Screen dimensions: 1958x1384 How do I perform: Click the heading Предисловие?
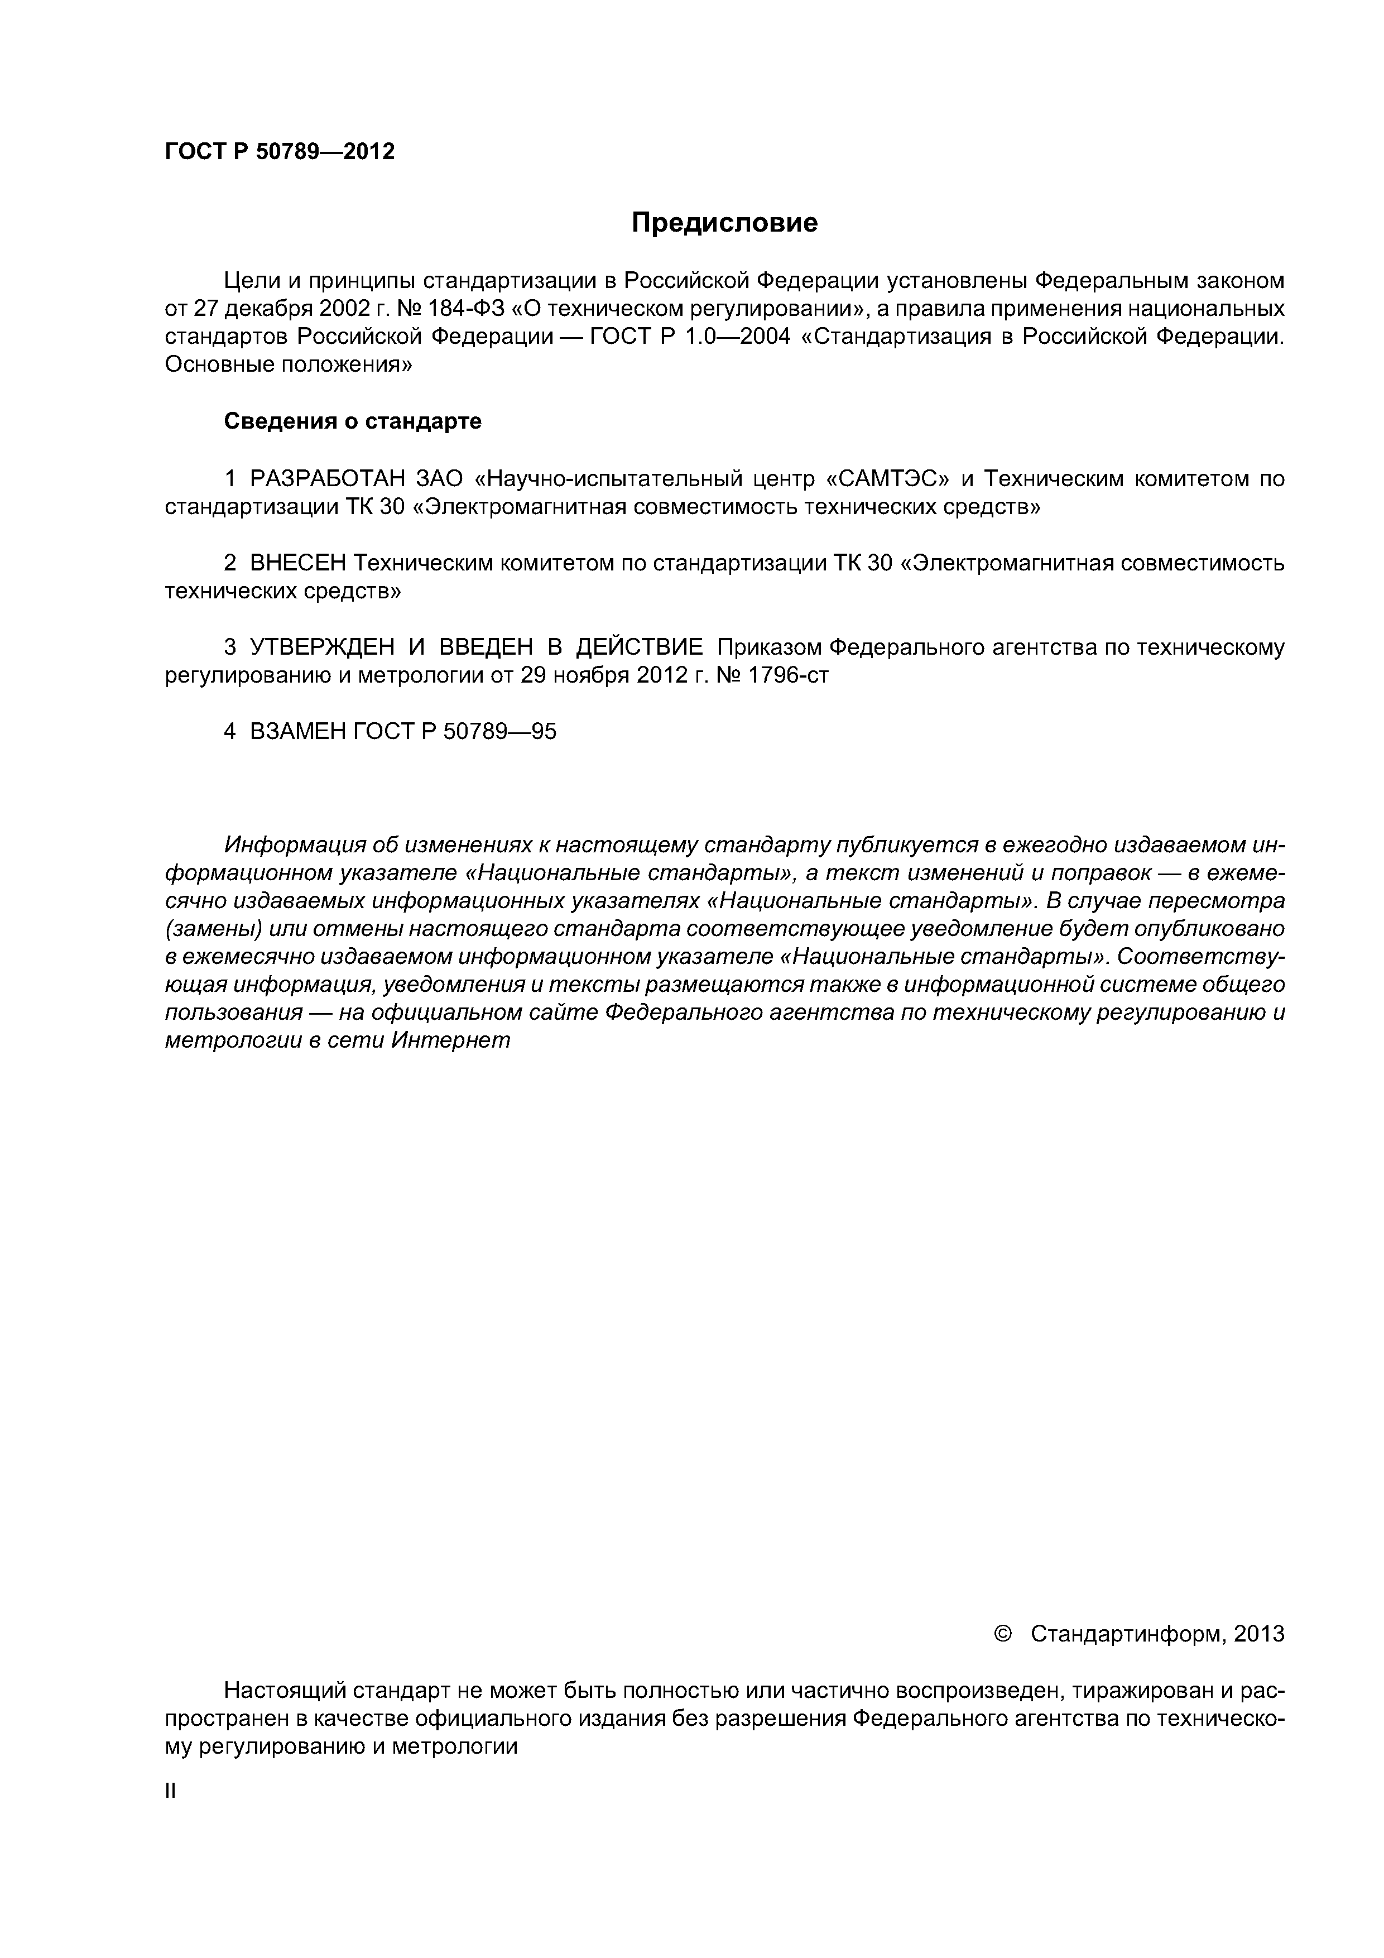click(x=724, y=223)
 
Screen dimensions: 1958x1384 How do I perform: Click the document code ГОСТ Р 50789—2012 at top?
click(x=280, y=152)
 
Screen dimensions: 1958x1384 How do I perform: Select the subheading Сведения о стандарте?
click(x=352, y=421)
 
